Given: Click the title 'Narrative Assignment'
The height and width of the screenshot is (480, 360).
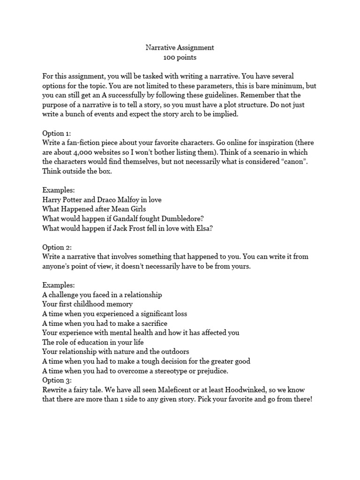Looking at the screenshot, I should pyautogui.click(x=180, y=47).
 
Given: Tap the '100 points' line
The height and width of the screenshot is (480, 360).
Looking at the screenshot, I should pyautogui.click(x=180, y=58).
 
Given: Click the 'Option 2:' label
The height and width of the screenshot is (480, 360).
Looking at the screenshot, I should pyautogui.click(x=58, y=247).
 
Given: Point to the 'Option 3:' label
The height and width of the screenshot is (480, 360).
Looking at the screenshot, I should pyautogui.click(x=58, y=380).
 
